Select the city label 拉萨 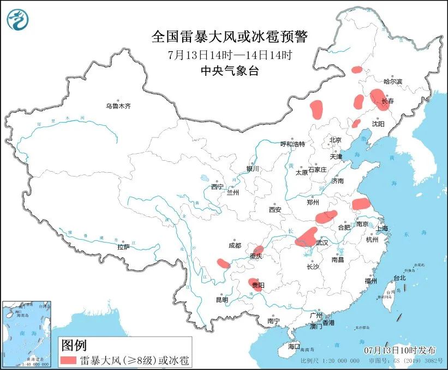click(x=123, y=247)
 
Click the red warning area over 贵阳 click(x=256, y=284)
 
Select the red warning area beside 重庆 click(x=258, y=251)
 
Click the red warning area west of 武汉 click(x=307, y=237)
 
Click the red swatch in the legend click(x=69, y=360)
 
